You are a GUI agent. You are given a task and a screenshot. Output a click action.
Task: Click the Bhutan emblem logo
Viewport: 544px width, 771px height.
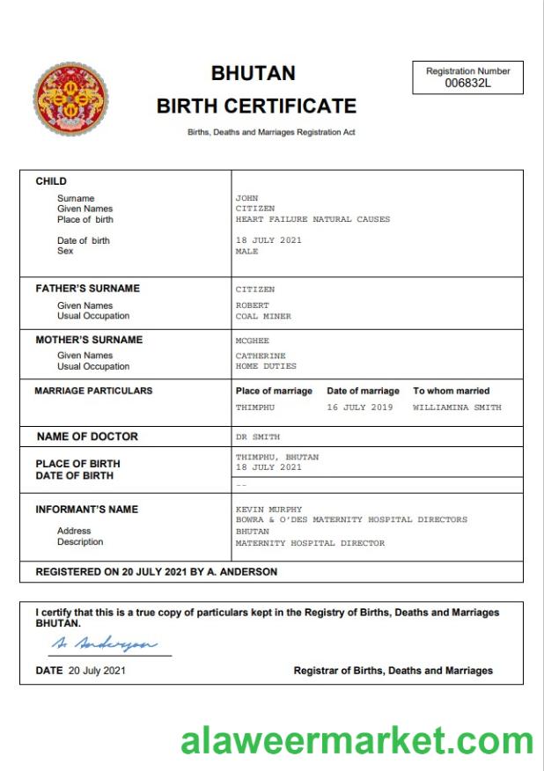[72, 99]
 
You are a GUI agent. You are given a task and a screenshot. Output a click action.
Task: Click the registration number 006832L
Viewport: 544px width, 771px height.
[467, 83]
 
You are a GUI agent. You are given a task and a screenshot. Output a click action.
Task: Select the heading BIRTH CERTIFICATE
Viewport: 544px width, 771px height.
[256, 106]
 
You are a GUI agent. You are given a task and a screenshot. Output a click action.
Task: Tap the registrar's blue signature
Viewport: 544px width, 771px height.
[105, 644]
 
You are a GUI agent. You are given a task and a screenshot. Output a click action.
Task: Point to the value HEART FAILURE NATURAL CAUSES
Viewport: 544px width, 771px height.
[312, 219]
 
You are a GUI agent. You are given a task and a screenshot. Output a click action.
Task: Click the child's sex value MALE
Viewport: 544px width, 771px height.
[247, 251]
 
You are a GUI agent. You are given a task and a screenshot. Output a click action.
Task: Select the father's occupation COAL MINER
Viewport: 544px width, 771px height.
[263, 316]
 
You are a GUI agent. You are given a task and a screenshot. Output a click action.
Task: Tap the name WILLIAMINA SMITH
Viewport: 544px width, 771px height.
[457, 408]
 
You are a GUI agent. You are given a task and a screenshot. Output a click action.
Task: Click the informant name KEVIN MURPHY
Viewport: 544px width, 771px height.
[268, 509]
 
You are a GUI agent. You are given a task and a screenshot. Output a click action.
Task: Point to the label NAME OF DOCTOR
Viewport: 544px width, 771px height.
[87, 437]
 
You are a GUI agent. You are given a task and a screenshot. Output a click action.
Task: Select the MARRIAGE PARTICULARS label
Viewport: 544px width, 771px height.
[93, 391]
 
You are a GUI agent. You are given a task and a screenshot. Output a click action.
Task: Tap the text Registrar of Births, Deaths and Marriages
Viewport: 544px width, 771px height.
[393, 671]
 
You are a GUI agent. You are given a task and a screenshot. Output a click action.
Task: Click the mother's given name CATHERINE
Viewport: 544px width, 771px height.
[261, 356]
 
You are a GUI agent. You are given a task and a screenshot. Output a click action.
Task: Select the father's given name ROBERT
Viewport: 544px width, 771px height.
[253, 305]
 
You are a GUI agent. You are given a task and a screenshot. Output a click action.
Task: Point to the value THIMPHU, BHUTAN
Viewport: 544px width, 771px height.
[277, 457]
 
